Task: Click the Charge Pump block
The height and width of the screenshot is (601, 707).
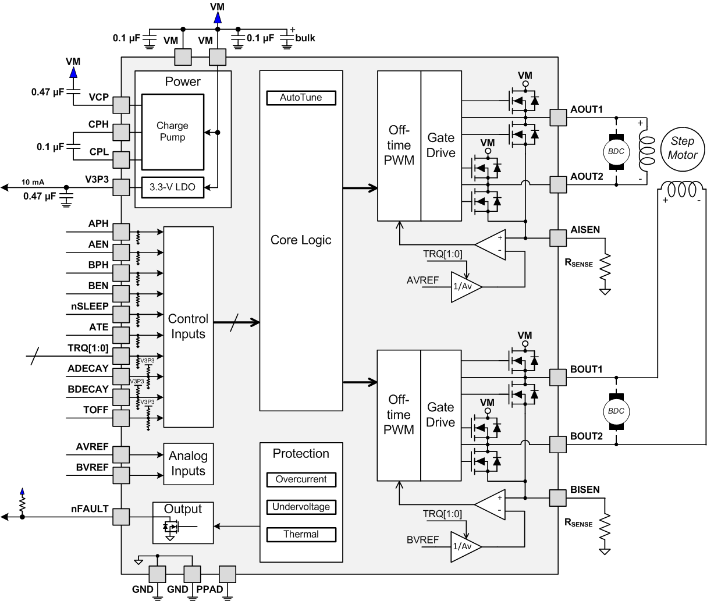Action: click(172, 131)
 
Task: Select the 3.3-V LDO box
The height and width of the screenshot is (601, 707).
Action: click(172, 187)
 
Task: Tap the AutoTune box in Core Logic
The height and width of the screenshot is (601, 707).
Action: click(301, 98)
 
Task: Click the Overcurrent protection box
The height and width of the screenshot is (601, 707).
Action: click(301, 479)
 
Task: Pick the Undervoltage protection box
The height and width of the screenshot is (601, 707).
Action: click(301, 507)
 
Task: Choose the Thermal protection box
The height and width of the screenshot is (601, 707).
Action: click(301, 534)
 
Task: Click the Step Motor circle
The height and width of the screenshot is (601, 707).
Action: click(682, 148)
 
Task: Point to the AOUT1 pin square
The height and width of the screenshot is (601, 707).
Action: click(558, 118)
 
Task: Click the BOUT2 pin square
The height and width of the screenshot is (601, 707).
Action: click(558, 445)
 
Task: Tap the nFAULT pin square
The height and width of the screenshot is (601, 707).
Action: click(121, 517)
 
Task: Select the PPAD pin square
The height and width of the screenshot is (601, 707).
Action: click(228, 574)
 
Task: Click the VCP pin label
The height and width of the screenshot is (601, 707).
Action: click(98, 97)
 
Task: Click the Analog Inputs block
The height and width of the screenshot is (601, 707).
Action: click(188, 464)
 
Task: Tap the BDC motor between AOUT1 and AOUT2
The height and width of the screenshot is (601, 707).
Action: click(616, 151)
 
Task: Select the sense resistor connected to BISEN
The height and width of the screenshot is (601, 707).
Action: click(605, 527)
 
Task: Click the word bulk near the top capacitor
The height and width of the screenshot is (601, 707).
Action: click(305, 38)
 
